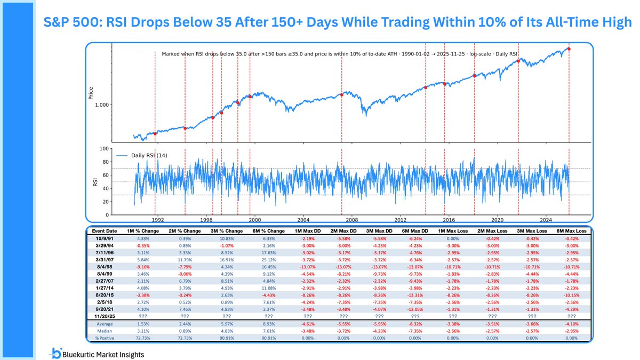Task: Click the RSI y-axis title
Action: point(91,182)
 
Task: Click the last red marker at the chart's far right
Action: point(569,49)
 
